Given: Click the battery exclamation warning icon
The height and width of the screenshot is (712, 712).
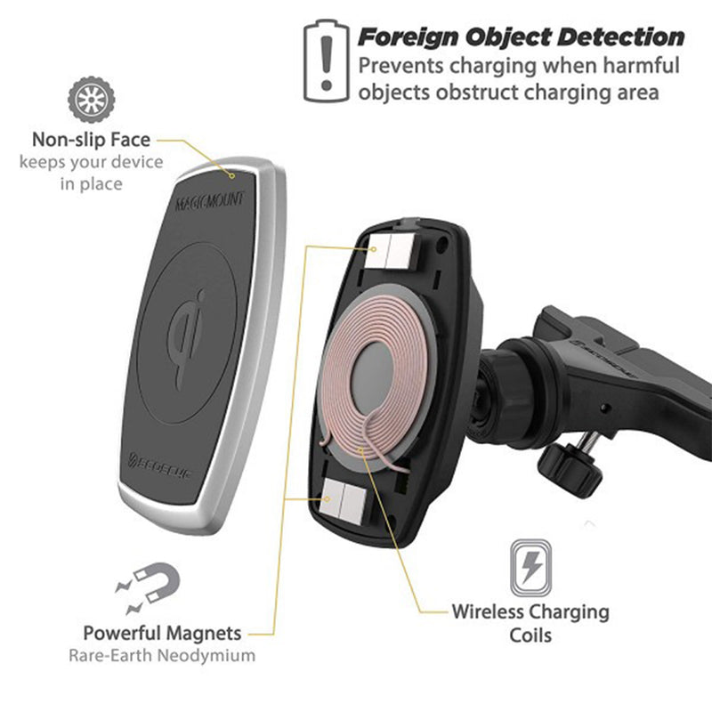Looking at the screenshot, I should pos(325,60).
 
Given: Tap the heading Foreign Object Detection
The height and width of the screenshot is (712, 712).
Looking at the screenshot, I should pos(521,38).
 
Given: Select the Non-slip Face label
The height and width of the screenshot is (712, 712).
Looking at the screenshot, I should pos(91,140).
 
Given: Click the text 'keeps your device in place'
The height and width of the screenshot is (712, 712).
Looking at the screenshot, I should pos(91,173).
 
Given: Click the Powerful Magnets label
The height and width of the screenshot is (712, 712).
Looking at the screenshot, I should pos(162,634).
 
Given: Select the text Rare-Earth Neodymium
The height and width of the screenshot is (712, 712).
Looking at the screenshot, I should pos(161,656).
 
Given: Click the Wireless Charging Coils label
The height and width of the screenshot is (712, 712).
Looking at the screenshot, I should pos(530,623).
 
